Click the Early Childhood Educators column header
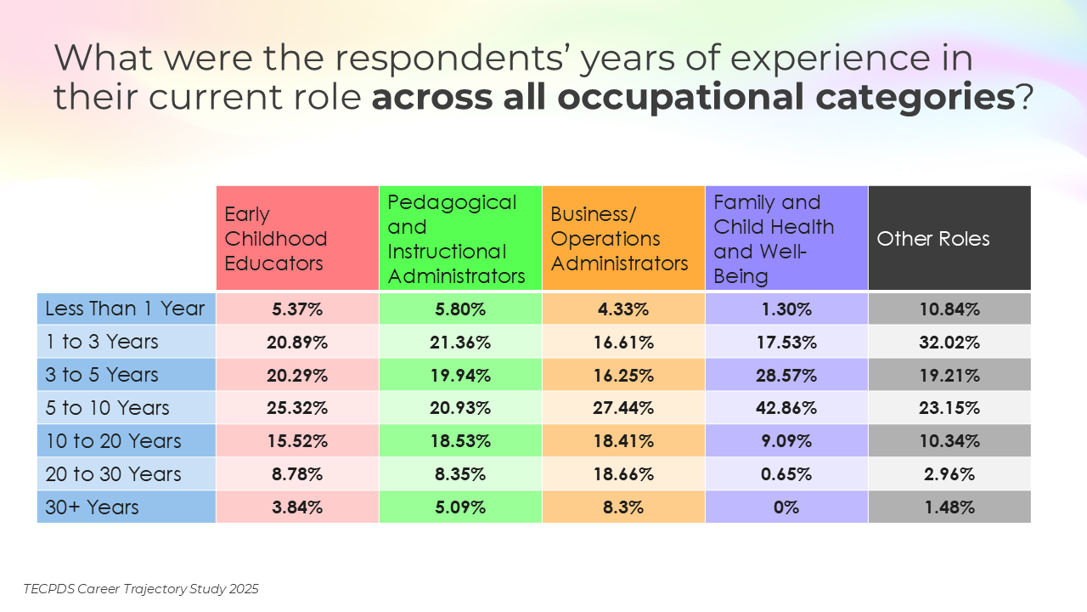tap(297, 239)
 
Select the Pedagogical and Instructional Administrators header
tap(460, 239)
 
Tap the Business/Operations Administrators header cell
tap(623, 239)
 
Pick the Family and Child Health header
tap(786, 239)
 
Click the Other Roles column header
tap(949, 239)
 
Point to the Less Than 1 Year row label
tap(126, 309)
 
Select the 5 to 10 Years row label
tap(126, 408)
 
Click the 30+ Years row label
tap(126, 507)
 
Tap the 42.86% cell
tap(786, 408)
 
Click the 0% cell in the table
tap(786, 507)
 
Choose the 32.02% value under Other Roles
tap(949, 342)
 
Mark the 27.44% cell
tap(623, 408)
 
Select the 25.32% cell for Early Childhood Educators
tap(297, 408)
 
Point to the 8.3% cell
tap(623, 507)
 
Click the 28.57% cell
tap(786, 375)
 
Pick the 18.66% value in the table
tap(623, 474)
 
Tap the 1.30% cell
tap(786, 309)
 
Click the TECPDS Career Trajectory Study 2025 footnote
tap(141, 588)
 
